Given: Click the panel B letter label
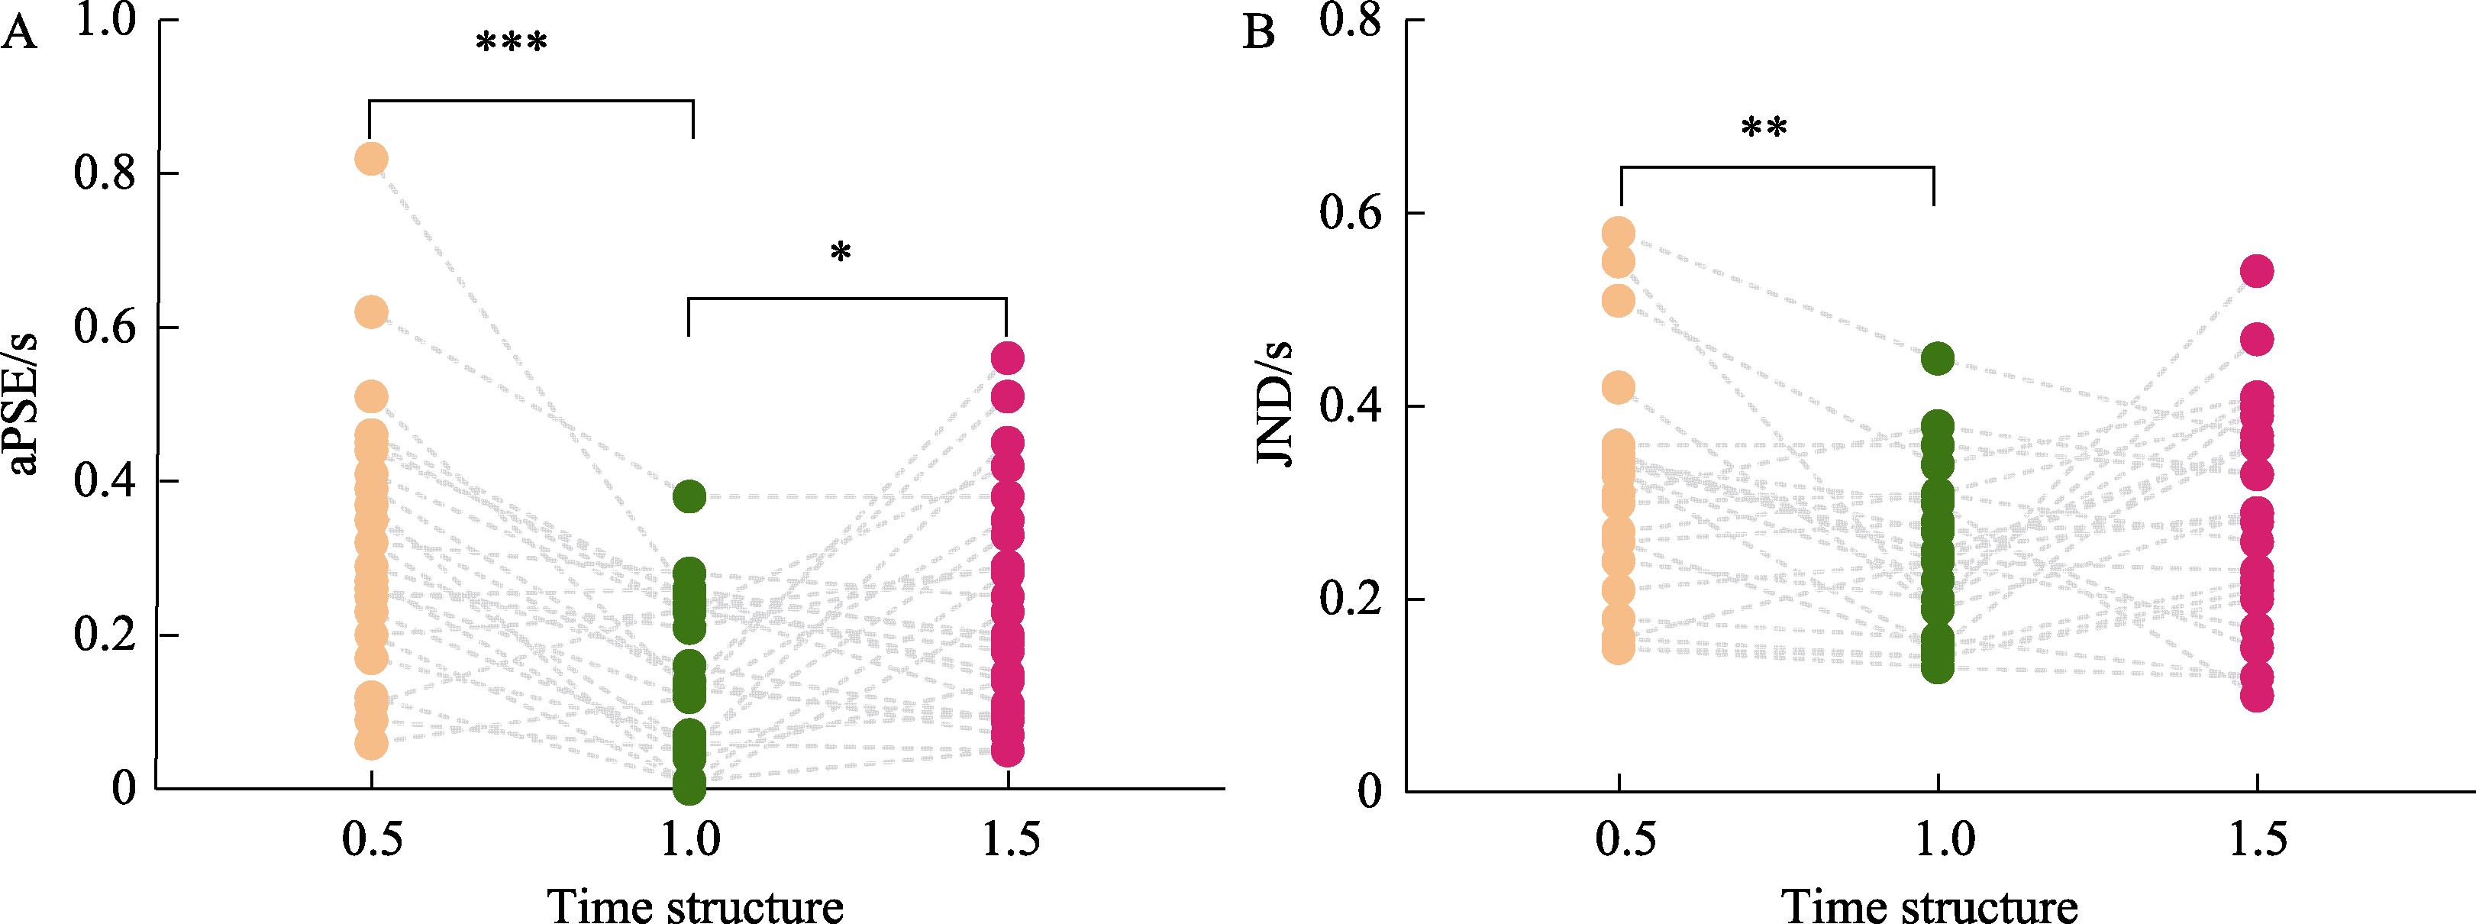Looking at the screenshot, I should pos(1258,34).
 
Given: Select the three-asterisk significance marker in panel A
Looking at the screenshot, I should pos(512,44).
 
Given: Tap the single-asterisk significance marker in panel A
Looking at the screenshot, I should pos(840,254).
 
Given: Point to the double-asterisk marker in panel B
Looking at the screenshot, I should pos(1764,128).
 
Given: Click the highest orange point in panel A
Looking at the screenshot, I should pos(371,159).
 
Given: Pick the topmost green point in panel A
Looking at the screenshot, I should pos(689,497).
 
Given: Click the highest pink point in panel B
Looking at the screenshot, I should pos(2257,271).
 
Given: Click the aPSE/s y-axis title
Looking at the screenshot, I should pos(24,404).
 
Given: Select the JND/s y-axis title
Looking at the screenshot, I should pos(1274,404).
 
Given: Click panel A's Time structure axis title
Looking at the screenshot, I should pos(695,906).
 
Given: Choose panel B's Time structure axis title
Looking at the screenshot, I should pos(1929,906).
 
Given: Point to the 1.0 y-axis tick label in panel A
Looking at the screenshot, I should pos(105,21).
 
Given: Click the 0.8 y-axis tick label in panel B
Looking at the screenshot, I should pos(1350,21).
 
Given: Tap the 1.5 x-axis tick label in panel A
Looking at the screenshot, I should pos(1010,839).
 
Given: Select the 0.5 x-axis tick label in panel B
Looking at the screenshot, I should pos(1625,839).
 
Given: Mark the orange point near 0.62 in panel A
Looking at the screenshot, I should pos(371,312).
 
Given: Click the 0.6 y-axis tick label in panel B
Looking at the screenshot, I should pos(1350,212).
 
